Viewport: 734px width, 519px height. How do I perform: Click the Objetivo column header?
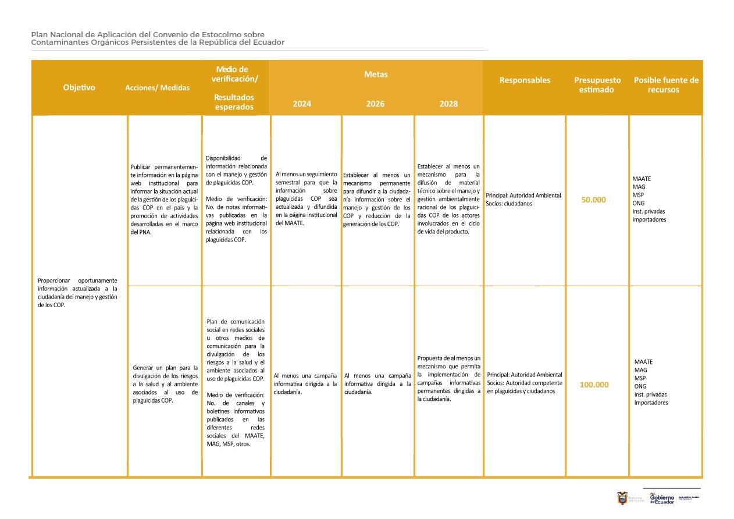pyautogui.click(x=79, y=88)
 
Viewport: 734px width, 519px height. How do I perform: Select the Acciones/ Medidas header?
pyautogui.click(x=157, y=88)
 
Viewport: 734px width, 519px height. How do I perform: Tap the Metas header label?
pyautogui.click(x=376, y=74)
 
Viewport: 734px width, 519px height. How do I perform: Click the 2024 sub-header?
pyautogui.click(x=302, y=104)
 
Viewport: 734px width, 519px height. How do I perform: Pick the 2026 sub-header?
pyautogui.click(x=375, y=104)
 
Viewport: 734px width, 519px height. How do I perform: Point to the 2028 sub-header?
pyautogui.click(x=448, y=104)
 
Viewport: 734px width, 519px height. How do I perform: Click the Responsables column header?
pyautogui.click(x=525, y=80)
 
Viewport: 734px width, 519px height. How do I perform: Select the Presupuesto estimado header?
pyautogui.click(x=597, y=85)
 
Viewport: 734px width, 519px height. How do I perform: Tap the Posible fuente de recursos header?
pyautogui.click(x=666, y=85)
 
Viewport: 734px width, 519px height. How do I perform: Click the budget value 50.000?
pyautogui.click(x=593, y=200)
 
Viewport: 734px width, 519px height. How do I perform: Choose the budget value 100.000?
pyautogui.click(x=594, y=385)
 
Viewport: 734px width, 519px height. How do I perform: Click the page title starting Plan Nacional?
pyautogui.click(x=158, y=38)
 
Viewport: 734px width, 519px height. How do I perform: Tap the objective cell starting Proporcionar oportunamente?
pyautogui.click(x=77, y=292)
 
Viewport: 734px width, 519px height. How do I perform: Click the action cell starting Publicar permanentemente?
pyautogui.click(x=165, y=200)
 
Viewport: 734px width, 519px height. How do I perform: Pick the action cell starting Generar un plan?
pyautogui.click(x=165, y=384)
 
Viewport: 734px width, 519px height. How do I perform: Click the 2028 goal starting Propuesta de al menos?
pyautogui.click(x=448, y=378)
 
